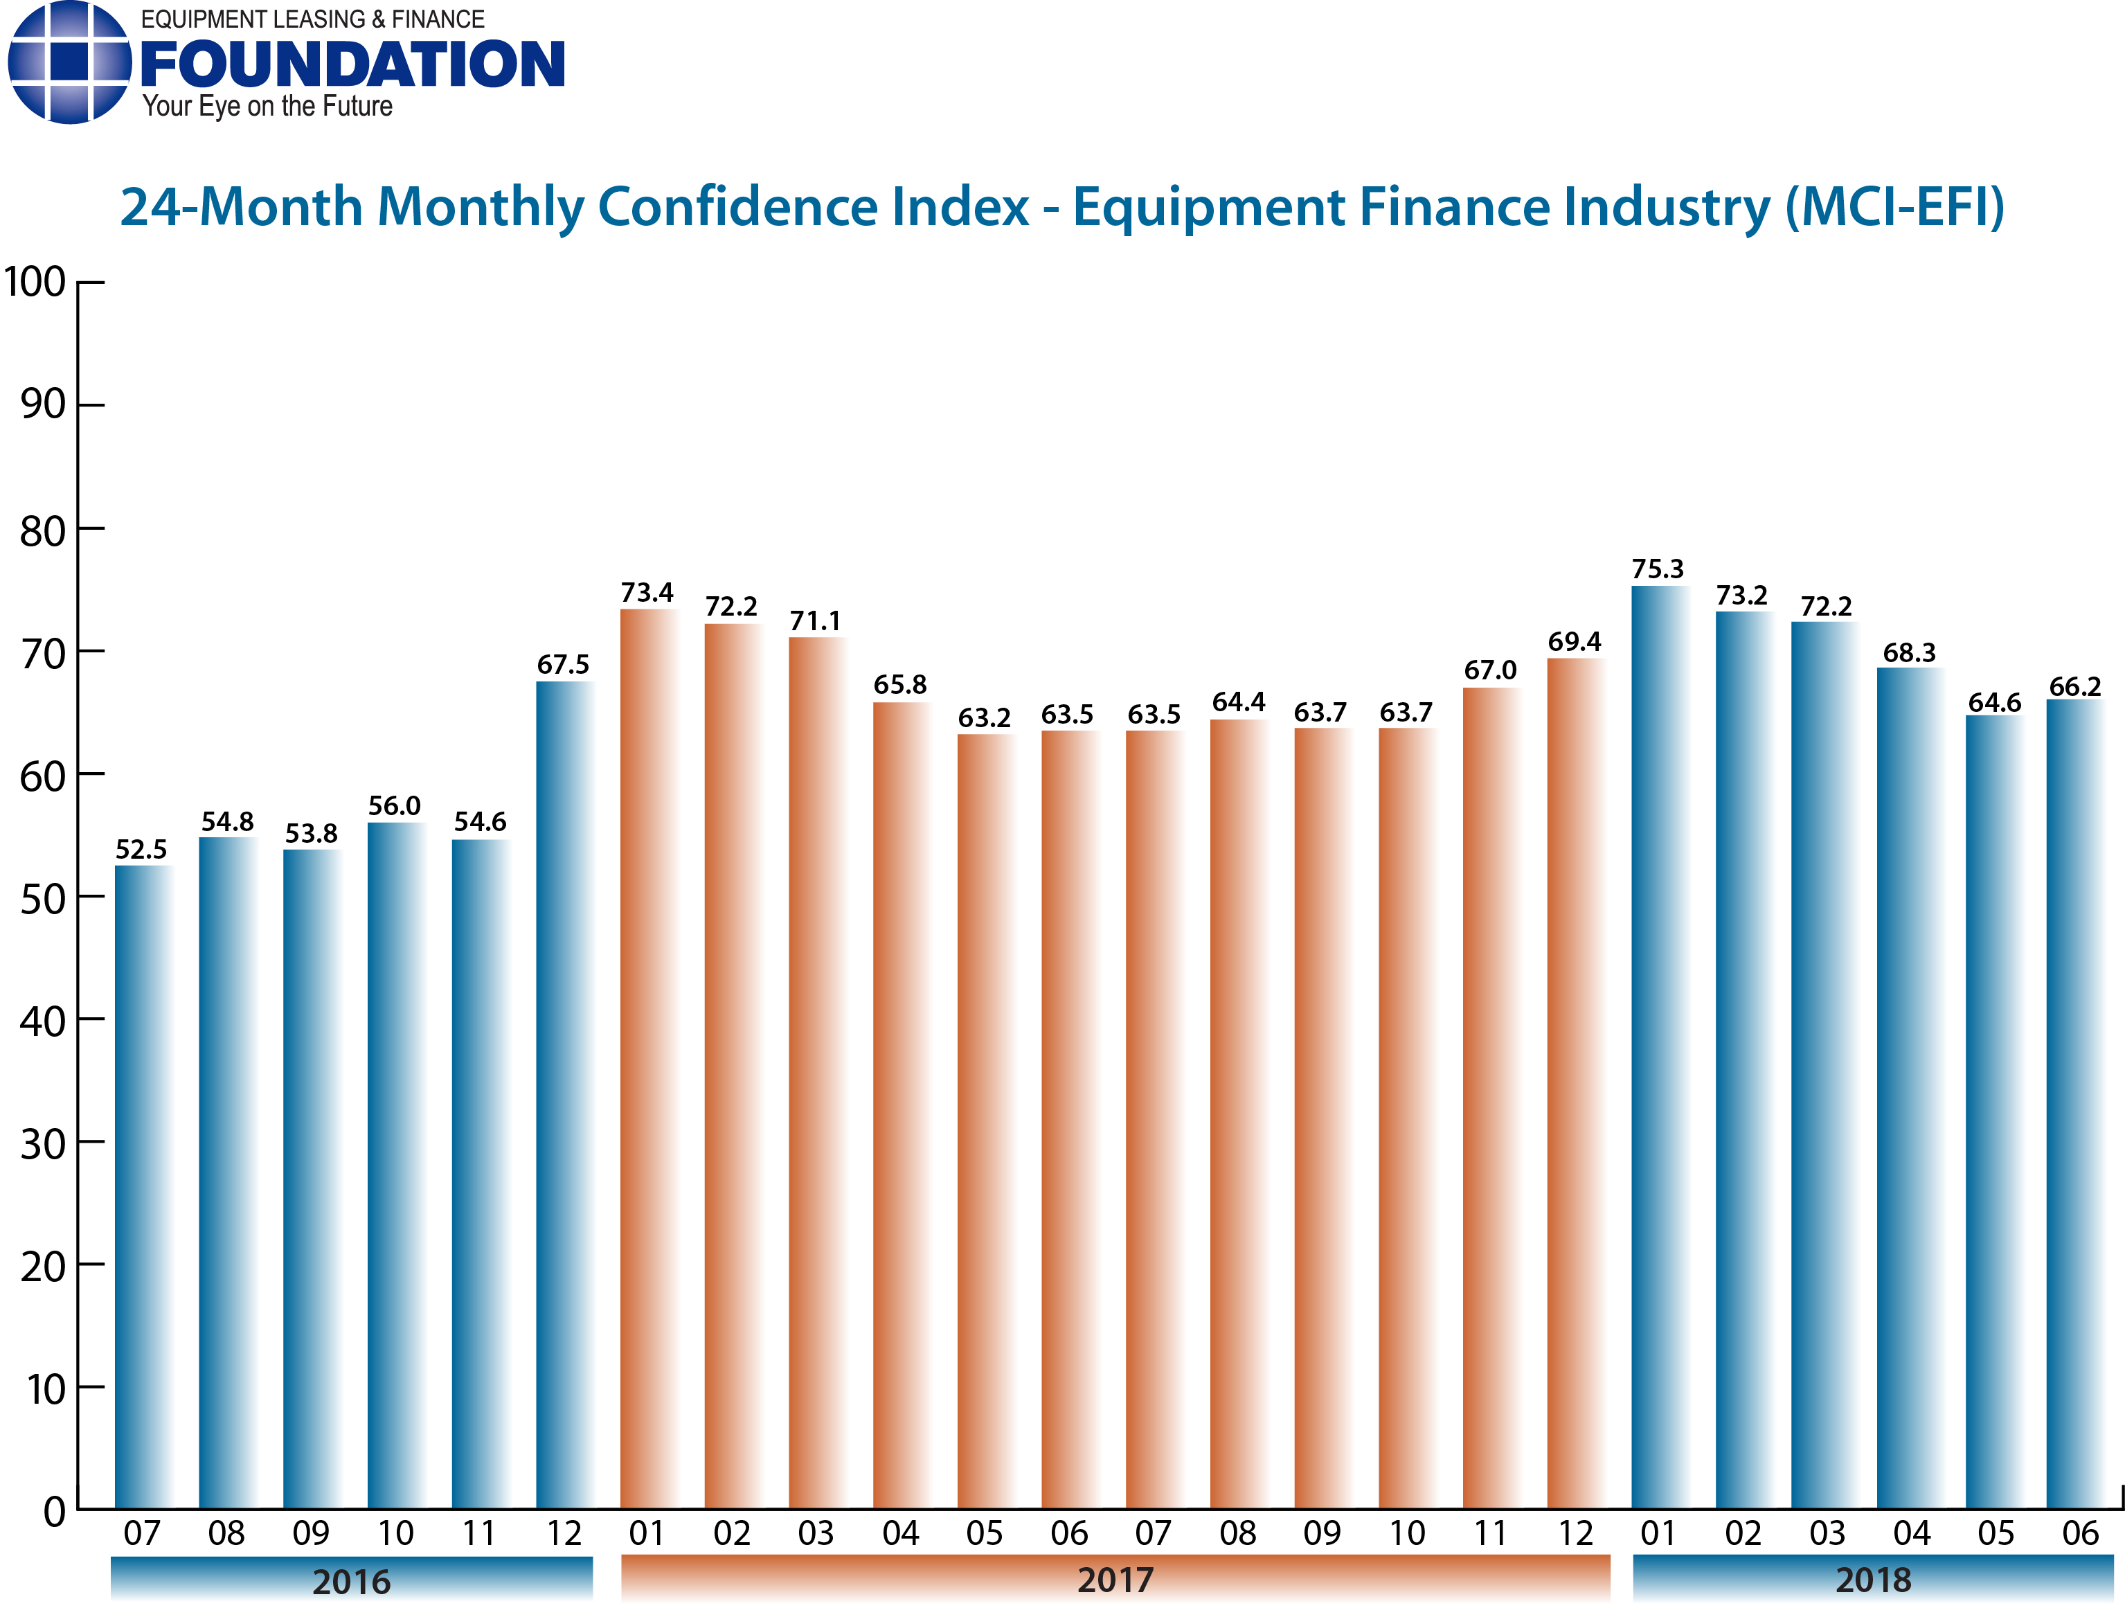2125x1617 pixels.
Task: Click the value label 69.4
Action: pos(1574,642)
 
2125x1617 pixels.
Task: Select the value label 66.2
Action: pos(2075,687)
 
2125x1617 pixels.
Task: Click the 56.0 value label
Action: pos(395,807)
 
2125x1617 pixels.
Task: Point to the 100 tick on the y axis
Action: pos(35,283)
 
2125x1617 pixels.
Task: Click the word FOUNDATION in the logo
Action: pos(352,66)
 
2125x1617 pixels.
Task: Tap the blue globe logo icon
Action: pos(69,62)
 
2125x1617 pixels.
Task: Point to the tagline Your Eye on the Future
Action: pos(267,106)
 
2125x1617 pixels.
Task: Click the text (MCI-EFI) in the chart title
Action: pos(1894,208)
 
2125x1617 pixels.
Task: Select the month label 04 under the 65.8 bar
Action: pos(900,1533)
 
